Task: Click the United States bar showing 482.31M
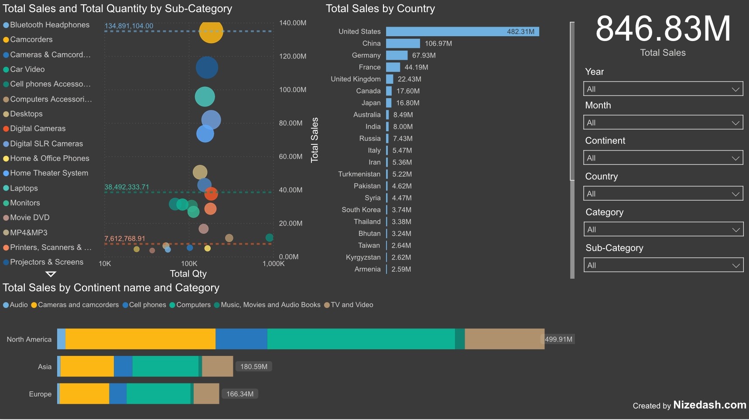tap(462, 31)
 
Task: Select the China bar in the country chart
tap(403, 43)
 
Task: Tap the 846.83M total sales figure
tap(663, 29)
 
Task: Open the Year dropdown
tap(663, 89)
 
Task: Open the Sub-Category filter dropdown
tap(663, 265)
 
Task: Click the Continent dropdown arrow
tap(735, 158)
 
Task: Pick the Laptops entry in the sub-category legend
tap(24, 188)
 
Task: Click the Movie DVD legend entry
tap(30, 217)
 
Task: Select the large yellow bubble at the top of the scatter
tap(211, 31)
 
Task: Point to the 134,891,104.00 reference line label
tap(129, 26)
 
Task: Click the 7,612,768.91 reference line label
tap(125, 239)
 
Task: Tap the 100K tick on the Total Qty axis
tap(189, 263)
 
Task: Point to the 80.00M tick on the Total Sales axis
tap(291, 123)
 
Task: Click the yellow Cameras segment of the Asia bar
tap(87, 366)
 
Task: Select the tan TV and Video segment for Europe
tap(206, 393)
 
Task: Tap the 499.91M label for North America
tap(558, 339)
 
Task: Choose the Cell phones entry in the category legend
tap(147, 305)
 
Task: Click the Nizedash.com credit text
tap(709, 405)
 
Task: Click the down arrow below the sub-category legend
tap(51, 274)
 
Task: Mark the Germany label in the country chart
tap(366, 55)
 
